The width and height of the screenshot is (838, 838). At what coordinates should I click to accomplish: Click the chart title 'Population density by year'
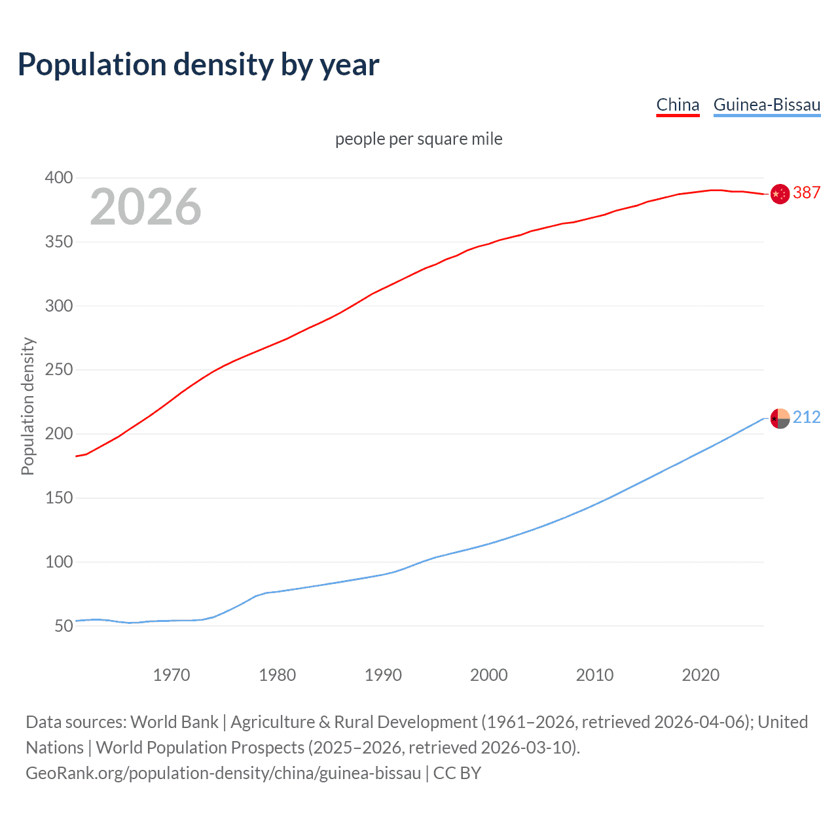point(198,65)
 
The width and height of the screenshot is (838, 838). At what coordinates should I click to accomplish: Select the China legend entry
point(678,105)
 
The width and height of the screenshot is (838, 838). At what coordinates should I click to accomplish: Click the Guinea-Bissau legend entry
point(767,105)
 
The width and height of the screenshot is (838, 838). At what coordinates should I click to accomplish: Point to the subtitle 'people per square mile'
point(418,139)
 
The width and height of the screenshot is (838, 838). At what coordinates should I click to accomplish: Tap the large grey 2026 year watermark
point(145,207)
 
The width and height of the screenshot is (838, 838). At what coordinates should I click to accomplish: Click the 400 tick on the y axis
point(59,178)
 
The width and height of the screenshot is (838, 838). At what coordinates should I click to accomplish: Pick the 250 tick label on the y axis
point(59,370)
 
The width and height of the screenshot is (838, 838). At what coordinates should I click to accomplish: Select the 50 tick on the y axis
point(64,626)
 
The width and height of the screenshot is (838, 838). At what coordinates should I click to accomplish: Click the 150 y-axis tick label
point(59,498)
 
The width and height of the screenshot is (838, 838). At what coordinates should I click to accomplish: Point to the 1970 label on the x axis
point(172,675)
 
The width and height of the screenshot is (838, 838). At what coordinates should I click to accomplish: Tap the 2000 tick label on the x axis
point(489,675)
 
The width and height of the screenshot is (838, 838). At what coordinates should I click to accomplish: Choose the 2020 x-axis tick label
point(701,675)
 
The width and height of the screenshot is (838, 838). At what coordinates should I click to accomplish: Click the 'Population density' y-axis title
point(27,406)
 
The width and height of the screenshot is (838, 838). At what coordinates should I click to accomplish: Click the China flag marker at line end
point(780,194)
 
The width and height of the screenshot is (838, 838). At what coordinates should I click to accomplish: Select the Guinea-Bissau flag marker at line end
point(780,418)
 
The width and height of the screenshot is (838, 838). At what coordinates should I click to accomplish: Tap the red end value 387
point(807,192)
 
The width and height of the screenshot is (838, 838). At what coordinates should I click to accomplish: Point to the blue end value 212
point(807,417)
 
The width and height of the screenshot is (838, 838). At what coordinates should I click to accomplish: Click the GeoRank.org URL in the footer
point(223,773)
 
